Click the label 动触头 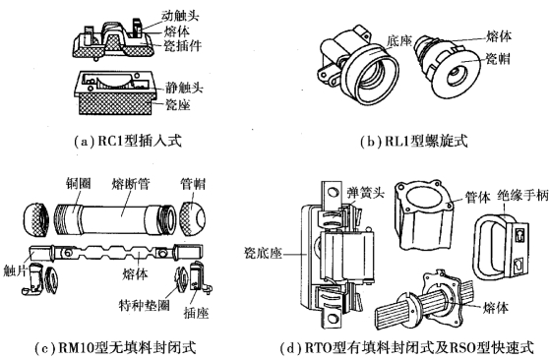point(180,16)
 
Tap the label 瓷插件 point(183,46)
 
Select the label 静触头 point(184,88)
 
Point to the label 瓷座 point(177,104)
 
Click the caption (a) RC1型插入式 point(128,141)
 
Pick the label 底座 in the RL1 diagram point(398,41)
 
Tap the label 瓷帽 point(498,59)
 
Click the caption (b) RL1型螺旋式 point(414,141)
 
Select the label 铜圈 point(78,184)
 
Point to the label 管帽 point(193,184)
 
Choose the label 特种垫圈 point(145,305)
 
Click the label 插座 point(196,313)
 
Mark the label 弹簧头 point(366,193)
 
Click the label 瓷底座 point(263,253)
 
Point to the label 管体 point(477,197)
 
